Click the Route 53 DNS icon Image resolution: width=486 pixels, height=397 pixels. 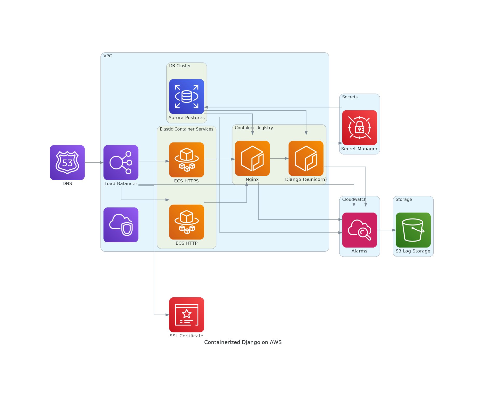tap(67, 162)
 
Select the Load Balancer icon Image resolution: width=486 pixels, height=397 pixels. tap(121, 162)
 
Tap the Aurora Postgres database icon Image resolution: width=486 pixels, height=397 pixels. tap(187, 97)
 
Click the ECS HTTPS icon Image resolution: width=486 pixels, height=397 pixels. tap(187, 160)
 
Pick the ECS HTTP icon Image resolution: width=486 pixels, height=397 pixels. tap(187, 222)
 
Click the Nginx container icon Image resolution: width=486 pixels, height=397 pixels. tap(252, 158)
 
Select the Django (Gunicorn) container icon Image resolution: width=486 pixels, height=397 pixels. tap(306, 158)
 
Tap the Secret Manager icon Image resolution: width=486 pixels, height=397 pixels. tap(359, 128)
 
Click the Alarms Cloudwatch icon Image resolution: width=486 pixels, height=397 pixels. tap(359, 230)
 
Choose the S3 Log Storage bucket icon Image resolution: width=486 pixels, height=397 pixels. tap(413, 230)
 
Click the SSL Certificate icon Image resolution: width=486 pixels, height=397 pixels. tap(187, 315)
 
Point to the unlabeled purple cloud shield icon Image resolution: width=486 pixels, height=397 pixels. tap(121, 225)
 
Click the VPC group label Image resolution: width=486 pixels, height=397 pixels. tap(108, 56)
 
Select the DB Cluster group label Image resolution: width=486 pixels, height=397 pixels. tap(180, 66)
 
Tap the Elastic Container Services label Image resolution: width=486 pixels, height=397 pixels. tap(186, 129)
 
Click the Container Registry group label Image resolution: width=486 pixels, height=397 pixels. tap(254, 128)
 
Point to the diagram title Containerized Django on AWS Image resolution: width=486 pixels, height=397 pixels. tap(243, 342)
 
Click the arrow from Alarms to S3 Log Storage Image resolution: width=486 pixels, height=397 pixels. tap(386, 230)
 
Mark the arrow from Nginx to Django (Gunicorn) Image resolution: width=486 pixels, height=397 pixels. tap(279, 158)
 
